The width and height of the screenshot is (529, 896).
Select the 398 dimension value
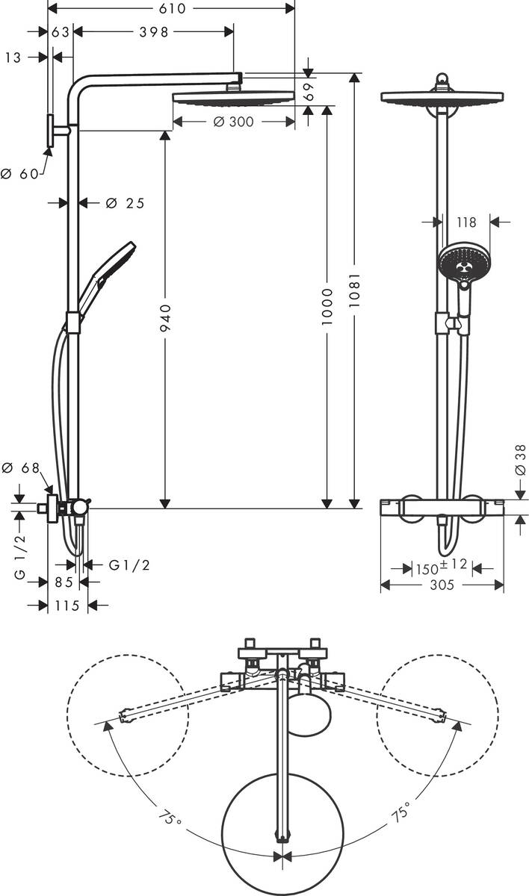[x=154, y=31]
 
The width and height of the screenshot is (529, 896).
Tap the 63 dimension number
[x=61, y=31]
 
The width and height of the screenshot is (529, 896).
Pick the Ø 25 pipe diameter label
[x=124, y=203]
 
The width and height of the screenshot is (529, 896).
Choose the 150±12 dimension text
[x=441, y=567]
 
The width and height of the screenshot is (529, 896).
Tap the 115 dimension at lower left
[x=67, y=606]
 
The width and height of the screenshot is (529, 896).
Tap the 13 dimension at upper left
[x=13, y=57]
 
